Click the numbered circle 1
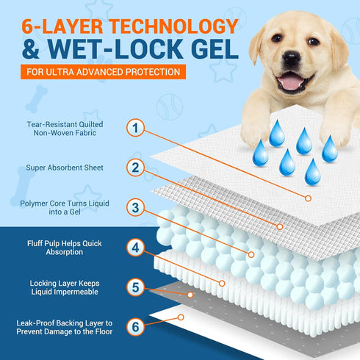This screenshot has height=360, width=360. click(135, 128)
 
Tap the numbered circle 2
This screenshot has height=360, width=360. click(135, 168)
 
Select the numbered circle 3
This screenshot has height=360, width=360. click(135, 207)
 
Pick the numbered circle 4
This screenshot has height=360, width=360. click(135, 248)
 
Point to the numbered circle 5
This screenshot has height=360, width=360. click(135, 287)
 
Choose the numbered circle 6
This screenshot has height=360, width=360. click(135, 327)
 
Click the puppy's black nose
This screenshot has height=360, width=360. click(292, 58)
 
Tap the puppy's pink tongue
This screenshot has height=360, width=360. click(291, 82)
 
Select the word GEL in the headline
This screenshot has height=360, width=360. click(215, 48)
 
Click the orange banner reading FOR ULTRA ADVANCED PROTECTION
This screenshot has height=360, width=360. click(103, 72)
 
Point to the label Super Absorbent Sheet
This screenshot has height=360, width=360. click(65, 168)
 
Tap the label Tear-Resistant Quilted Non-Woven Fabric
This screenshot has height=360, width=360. click(65, 129)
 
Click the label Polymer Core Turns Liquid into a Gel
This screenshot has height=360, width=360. click(65, 208)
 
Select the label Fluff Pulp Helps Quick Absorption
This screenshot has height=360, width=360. click(65, 248)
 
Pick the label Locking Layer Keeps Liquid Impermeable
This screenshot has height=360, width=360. click(65, 287)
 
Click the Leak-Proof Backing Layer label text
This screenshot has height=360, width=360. click(65, 328)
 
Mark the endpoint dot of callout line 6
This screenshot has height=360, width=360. click(181, 317)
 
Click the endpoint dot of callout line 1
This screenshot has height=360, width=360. click(308, 198)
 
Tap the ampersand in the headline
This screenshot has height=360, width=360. click(30, 48)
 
